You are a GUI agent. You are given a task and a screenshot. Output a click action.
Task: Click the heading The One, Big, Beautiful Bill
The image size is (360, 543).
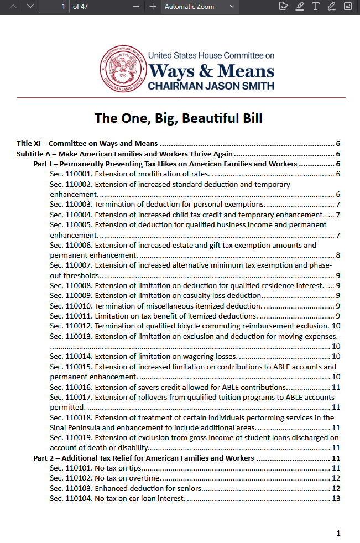point(178,118)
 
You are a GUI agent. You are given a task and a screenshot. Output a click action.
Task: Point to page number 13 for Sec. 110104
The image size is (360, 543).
point(335,498)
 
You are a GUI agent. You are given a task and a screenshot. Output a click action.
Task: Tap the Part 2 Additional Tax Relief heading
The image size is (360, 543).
point(144,458)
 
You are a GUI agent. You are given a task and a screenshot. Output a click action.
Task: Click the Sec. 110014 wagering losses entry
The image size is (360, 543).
point(144,356)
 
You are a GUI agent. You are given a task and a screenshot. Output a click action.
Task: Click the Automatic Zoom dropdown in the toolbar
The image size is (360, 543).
point(200,7)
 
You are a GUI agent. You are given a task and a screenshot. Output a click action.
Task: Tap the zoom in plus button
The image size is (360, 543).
point(153,7)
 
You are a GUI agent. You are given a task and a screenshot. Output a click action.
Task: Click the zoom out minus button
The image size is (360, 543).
point(136,7)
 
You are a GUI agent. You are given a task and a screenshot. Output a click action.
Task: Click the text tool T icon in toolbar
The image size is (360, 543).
point(316,7)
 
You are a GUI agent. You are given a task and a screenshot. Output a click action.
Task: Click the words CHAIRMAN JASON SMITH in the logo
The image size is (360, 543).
point(211,86)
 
